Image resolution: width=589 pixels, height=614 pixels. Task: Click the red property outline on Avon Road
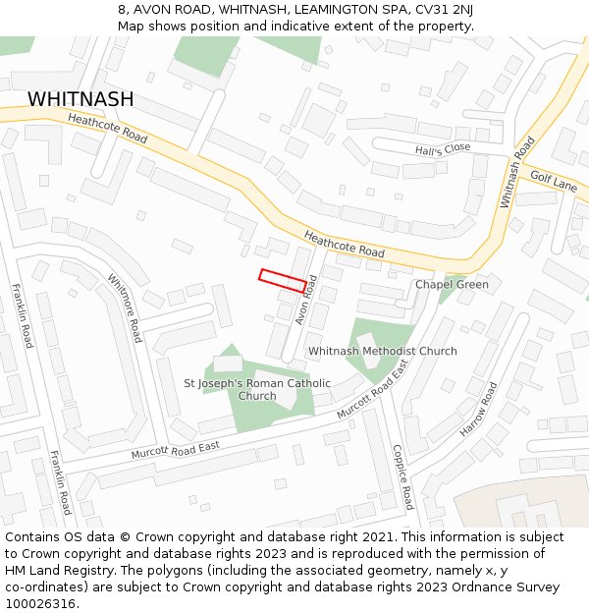pos(283,280)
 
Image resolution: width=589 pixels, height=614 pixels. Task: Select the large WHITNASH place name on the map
pos(80,99)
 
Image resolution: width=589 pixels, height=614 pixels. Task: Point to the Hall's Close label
pos(443,149)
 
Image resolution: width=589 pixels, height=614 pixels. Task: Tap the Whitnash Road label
pos(516,171)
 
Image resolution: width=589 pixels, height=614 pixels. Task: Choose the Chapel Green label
pos(452,285)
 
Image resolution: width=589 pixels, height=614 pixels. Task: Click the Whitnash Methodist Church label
pos(383,351)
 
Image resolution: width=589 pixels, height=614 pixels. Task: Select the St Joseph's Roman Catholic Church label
pos(257,389)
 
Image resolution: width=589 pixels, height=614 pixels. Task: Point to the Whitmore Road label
pos(125,307)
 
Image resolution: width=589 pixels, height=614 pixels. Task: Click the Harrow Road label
pos(480,410)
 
